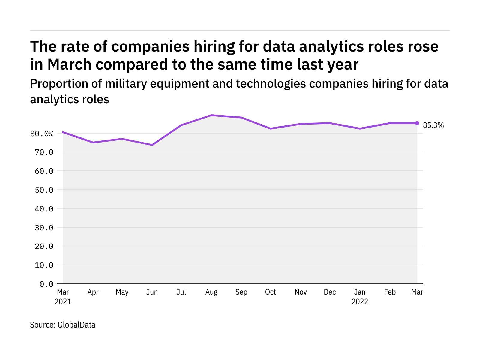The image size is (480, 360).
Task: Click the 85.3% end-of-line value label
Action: (433, 125)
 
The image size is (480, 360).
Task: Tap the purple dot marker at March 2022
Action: (417, 123)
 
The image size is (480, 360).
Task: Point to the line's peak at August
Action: (211, 115)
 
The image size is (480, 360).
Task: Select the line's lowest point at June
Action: (152, 145)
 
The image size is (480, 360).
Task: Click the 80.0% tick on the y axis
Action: (42, 133)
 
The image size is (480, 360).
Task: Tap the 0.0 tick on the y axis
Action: (46, 284)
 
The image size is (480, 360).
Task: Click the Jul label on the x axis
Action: (181, 292)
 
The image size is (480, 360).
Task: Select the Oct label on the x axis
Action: (271, 292)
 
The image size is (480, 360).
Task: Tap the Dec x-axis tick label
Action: (330, 292)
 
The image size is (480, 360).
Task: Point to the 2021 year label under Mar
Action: (63, 302)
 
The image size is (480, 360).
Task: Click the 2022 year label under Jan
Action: (360, 302)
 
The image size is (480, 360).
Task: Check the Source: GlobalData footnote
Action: (63, 325)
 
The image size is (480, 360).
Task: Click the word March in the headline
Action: (70, 64)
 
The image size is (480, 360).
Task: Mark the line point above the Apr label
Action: (93, 142)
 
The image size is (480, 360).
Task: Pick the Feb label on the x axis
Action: (390, 292)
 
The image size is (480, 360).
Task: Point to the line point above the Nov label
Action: (301, 124)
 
